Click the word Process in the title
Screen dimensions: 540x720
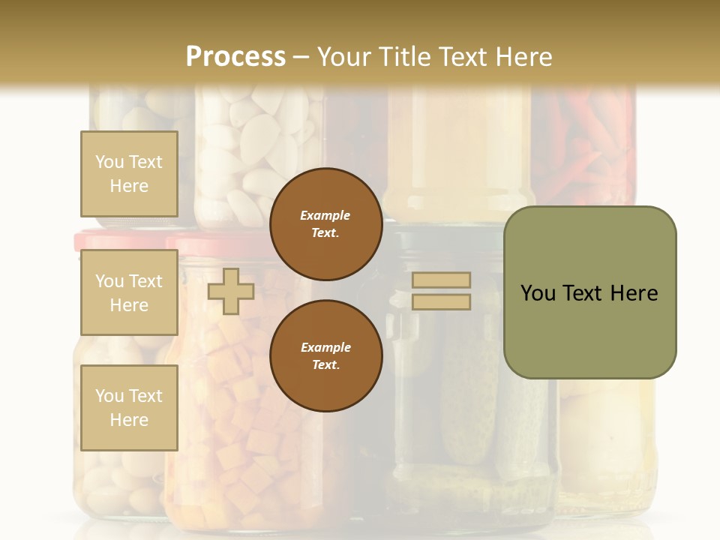pyautogui.click(x=235, y=56)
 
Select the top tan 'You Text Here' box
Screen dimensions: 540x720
pyautogui.click(x=129, y=174)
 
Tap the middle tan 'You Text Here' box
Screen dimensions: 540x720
pyautogui.click(x=129, y=292)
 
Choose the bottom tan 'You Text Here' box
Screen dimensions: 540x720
pyautogui.click(x=129, y=407)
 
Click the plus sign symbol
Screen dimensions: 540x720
pyautogui.click(x=231, y=291)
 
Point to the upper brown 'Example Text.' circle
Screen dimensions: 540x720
pyautogui.click(x=325, y=223)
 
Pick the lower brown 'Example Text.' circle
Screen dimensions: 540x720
pyautogui.click(x=325, y=355)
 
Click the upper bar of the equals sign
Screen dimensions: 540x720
pyautogui.click(x=442, y=280)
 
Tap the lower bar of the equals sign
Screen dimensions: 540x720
pyautogui.click(x=442, y=302)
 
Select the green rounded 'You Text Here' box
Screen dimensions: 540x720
pyautogui.click(x=589, y=292)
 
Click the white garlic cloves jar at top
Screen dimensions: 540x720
pyautogui.click(x=259, y=150)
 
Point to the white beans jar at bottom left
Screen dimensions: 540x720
pyautogui.click(x=112, y=480)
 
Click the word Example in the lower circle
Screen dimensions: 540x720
pyautogui.click(x=325, y=347)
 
